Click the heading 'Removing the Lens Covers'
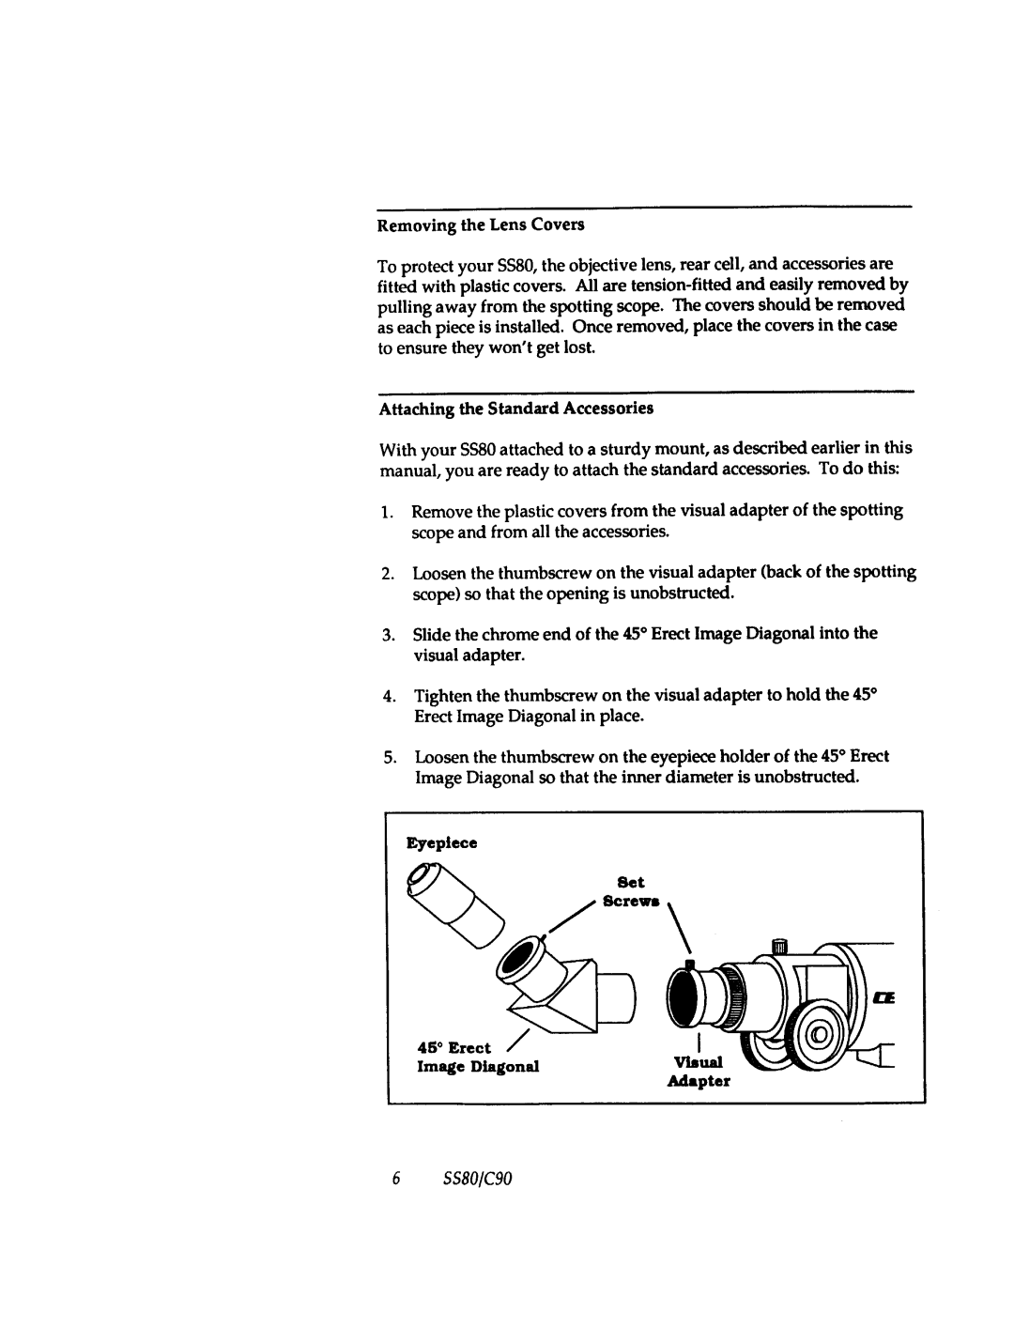(x=481, y=225)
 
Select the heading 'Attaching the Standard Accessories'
(x=515, y=409)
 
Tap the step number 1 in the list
(x=387, y=511)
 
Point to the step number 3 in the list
(x=387, y=634)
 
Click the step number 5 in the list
(x=387, y=757)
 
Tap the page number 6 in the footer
(x=397, y=1179)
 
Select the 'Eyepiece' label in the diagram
(x=441, y=843)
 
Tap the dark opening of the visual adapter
(x=686, y=1001)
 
